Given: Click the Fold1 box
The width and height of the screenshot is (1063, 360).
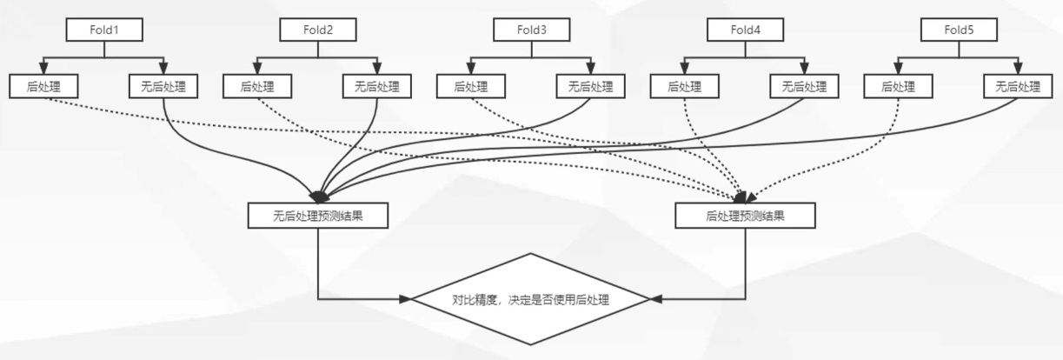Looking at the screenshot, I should coord(104,30).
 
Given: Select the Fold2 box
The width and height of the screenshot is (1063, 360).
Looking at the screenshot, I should coord(318,30).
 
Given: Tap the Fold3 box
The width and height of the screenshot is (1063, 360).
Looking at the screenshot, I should coord(532,30).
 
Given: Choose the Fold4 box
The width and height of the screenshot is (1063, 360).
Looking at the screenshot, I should coord(745,30).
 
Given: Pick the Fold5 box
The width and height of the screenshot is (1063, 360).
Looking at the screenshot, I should coord(959,30).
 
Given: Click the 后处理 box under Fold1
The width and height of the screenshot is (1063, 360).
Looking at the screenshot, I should coord(43,86).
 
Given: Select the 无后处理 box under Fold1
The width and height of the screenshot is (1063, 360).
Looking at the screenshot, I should coord(163,86).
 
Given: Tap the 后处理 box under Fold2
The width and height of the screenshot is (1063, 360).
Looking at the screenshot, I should coord(256,86).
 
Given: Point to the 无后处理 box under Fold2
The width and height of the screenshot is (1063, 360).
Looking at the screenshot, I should coord(377,86).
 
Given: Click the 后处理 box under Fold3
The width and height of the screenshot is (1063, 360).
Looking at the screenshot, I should coord(470,86).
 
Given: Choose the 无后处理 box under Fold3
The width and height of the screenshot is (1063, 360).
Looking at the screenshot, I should coord(591,86).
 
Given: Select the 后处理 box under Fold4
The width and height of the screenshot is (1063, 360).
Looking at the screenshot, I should coord(684,86).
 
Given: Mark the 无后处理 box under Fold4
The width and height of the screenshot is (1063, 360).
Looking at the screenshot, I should coord(804,86).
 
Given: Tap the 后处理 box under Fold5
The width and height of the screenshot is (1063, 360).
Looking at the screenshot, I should coord(898,86).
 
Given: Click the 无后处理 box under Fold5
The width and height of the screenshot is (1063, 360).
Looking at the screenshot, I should coord(1018,86).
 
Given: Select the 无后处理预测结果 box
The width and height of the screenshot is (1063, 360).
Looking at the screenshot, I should coord(318,216).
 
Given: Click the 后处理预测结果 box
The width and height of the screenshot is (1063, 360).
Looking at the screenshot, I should coord(745,216).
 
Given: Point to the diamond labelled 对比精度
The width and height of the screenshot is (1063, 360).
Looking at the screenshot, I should coord(530,299).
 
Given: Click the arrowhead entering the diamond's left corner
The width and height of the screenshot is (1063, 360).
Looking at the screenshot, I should coord(405,299).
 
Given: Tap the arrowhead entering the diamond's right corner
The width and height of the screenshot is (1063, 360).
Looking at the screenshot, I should coord(656,299).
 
